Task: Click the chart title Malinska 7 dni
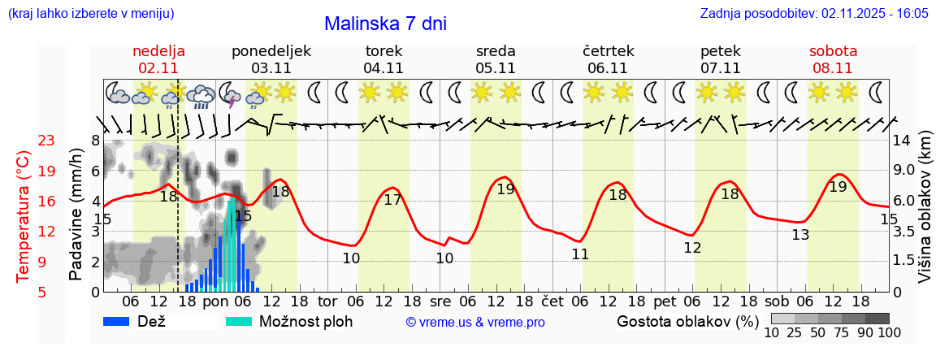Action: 385,24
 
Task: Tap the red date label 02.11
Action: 158,68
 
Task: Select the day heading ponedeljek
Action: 271,50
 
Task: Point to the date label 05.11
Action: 496,68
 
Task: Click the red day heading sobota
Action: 833,50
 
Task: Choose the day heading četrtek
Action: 608,50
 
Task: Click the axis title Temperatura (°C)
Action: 24,215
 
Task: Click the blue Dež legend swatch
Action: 117,321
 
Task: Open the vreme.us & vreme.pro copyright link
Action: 475,322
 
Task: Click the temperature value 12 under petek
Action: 692,248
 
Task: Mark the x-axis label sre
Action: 440,301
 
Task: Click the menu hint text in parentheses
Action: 90,14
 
